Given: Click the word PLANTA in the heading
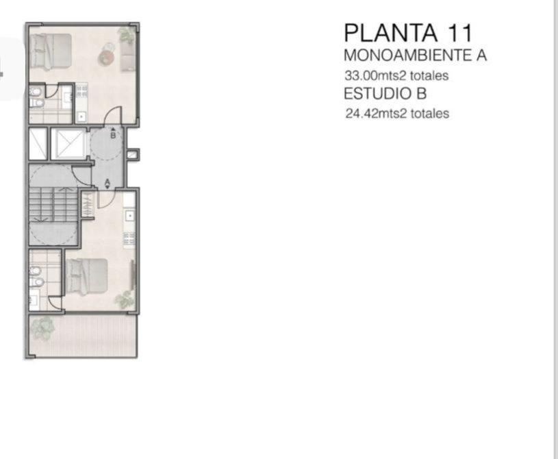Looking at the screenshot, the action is pos(390,33).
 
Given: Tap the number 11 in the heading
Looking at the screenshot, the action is pos(460,33).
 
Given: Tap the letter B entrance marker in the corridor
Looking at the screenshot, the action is pos(113,136).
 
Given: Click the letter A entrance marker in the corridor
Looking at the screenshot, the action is pos(107,182).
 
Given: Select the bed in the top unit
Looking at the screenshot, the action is pos(50,51).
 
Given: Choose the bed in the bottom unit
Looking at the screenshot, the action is pos(86,276).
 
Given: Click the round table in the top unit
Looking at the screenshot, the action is pos(106,57).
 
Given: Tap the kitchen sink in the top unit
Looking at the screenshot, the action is pos(81,116).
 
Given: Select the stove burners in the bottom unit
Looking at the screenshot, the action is pos(129,238).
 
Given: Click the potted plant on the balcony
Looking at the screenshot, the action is pos(41,327).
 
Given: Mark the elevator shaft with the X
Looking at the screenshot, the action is pos(68,143).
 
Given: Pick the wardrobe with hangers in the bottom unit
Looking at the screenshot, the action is pos(87,204).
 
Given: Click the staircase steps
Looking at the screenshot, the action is pos(53,204).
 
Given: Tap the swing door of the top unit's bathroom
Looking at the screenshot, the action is pos(51,92).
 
